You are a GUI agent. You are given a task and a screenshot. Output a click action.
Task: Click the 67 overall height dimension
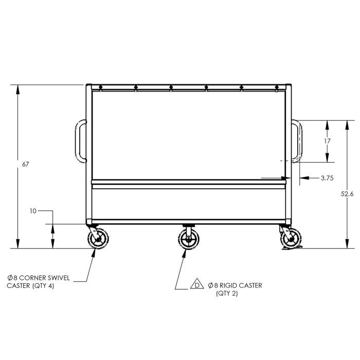[26, 165]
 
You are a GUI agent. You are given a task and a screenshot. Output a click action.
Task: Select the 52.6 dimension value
[347, 194]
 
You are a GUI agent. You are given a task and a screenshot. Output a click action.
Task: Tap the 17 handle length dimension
[328, 141]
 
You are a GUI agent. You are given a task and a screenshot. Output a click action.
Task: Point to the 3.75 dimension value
[327, 178]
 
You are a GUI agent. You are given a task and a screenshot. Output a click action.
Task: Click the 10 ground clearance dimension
[33, 211]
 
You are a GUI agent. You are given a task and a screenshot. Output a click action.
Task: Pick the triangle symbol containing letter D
[197, 284]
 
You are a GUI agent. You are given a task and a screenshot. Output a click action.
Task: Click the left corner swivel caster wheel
[98, 239]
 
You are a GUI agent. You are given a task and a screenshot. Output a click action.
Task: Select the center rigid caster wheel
[189, 240]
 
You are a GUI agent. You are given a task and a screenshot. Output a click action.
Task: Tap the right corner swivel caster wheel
[291, 239]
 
